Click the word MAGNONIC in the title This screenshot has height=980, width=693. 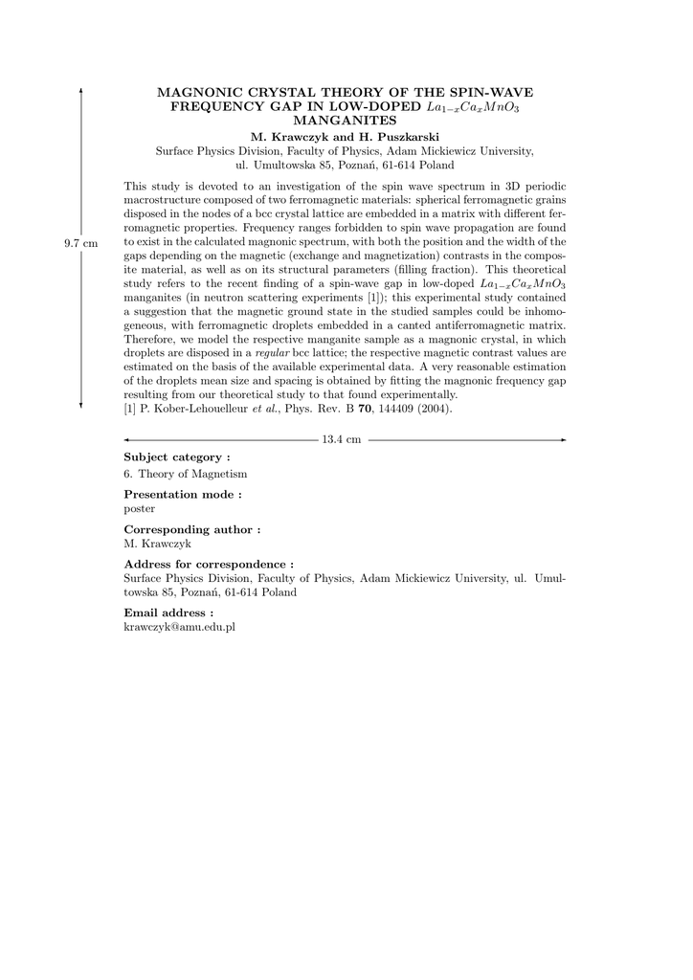pos(193,93)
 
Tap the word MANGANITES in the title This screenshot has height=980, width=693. pos(345,122)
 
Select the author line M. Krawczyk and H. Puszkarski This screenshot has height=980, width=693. pos(345,138)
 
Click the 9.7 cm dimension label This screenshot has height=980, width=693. pos(81,244)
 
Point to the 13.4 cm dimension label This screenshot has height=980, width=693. pos(342,439)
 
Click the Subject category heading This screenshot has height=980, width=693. pos(177,457)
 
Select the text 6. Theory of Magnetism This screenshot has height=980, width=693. pos(186,474)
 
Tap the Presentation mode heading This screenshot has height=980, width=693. pos(183,494)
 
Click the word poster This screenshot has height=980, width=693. pos(140,508)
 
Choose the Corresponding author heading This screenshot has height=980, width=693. pos(192,529)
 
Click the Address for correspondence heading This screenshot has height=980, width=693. pos(209,565)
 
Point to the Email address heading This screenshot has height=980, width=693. pos(168,612)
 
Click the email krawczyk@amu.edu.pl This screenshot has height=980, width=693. pos(180,627)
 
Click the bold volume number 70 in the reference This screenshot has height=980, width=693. pos(365,409)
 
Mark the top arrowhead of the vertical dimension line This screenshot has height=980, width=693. pos(81,89)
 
